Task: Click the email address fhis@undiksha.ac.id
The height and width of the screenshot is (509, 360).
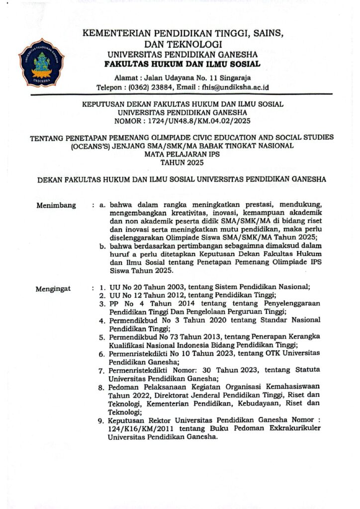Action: coord(226,86)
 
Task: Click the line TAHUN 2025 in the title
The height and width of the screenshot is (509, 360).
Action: coord(181,162)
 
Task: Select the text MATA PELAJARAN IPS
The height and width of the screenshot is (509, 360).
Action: coord(181,154)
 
